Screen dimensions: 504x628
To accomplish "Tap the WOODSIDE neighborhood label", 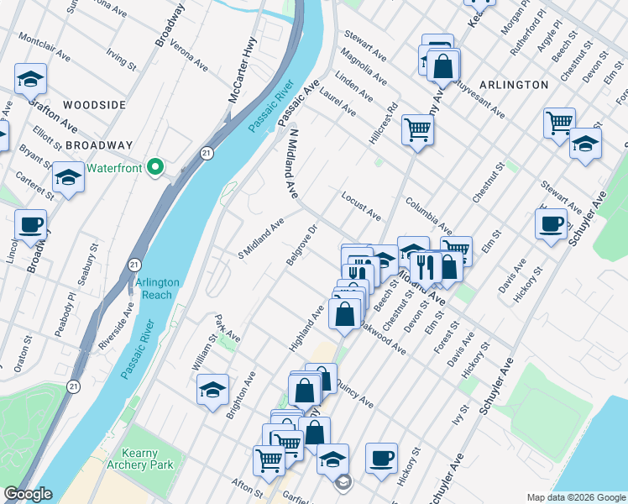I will click(94, 105).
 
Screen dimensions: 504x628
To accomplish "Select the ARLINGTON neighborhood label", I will click(515, 85).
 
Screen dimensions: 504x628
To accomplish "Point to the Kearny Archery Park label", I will click(139, 459).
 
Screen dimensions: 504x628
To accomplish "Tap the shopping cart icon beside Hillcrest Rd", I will click(416, 129).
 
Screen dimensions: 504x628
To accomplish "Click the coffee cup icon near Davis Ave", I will click(551, 223).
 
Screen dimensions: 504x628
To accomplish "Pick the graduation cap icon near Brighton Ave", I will click(213, 389).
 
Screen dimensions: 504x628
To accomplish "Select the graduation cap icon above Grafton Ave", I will click(30, 79).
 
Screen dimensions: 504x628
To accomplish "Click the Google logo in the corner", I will click(27, 494).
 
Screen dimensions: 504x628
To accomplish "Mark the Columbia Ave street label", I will click(428, 215).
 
